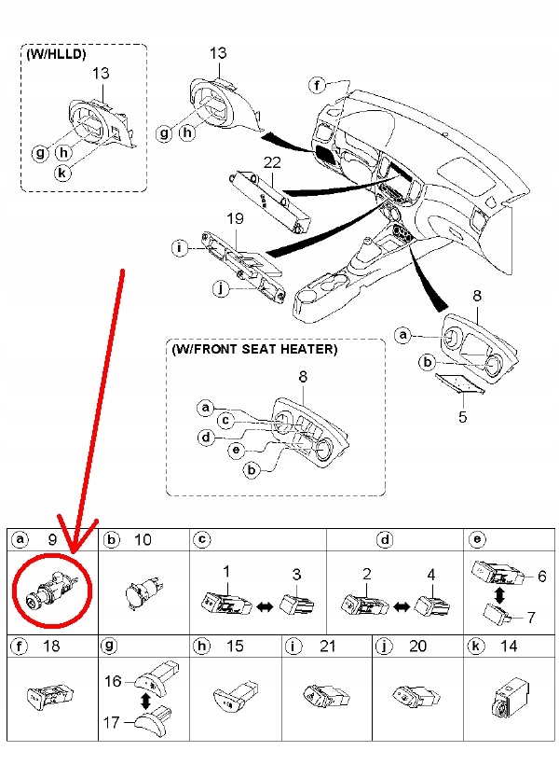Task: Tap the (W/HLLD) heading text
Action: (x=55, y=54)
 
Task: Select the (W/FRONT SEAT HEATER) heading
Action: (x=253, y=349)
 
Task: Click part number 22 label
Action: (x=271, y=162)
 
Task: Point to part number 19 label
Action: (x=235, y=217)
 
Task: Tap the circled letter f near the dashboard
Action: (x=318, y=86)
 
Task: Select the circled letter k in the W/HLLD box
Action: (x=62, y=174)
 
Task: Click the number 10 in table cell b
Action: (x=142, y=539)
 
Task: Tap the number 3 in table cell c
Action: (x=297, y=574)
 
